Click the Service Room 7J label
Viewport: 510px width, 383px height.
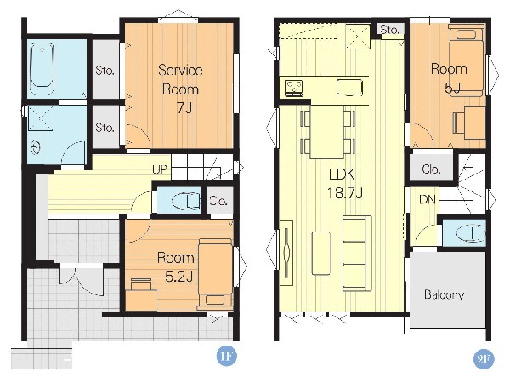[180, 89]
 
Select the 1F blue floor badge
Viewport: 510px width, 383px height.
[226, 357]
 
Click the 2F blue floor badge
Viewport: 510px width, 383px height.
[484, 359]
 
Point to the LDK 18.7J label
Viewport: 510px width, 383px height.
[344, 184]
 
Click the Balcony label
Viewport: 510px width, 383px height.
[444, 294]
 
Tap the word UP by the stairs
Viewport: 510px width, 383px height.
[160, 169]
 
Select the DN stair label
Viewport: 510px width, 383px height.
[428, 199]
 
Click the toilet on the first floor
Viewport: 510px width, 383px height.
[186, 200]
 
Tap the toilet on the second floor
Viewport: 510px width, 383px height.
[471, 233]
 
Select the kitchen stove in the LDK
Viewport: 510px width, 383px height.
[294, 88]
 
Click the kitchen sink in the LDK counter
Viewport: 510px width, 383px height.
[349, 88]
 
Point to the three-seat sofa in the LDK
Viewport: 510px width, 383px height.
[357, 254]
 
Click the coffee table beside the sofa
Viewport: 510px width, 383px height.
[321, 253]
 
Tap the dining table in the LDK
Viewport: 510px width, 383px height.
[327, 132]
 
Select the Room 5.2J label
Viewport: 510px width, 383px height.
[176, 267]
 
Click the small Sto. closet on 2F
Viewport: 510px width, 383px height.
[390, 29]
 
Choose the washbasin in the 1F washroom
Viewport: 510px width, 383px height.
[35, 148]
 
